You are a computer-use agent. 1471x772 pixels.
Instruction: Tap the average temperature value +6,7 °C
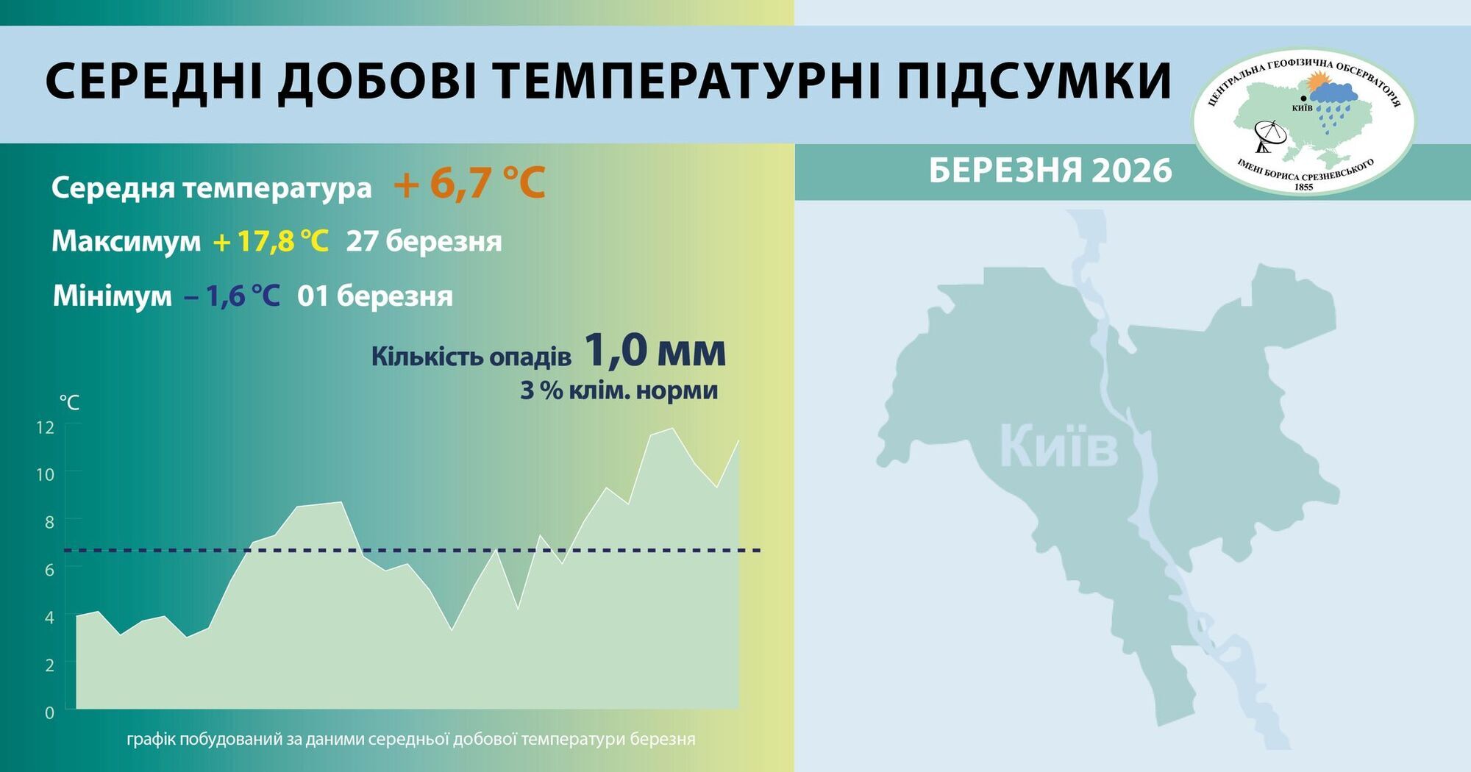click(x=469, y=183)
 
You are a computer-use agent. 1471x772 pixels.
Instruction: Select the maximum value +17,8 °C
click(x=270, y=241)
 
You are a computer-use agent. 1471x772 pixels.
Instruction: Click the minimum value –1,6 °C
click(x=232, y=296)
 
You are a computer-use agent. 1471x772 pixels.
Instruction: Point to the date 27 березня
click(x=424, y=241)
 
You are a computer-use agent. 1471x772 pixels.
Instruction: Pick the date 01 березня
click(x=375, y=296)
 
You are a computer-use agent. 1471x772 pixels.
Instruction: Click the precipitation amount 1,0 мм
click(x=655, y=351)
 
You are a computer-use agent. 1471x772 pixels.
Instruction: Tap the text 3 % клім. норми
click(x=619, y=390)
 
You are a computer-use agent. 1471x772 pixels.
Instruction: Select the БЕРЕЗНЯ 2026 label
click(x=1050, y=171)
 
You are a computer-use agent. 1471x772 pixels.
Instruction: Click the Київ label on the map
click(x=1058, y=446)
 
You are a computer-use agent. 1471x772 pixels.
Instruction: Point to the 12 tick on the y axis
click(x=45, y=427)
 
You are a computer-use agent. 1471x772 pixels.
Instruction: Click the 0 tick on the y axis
click(x=49, y=712)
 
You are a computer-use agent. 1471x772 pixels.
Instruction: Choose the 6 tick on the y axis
click(x=49, y=570)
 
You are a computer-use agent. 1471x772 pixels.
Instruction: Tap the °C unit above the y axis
click(x=69, y=402)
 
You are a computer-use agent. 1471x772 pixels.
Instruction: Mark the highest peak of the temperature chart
click(x=672, y=429)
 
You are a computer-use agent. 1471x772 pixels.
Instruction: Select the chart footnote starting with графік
click(x=410, y=739)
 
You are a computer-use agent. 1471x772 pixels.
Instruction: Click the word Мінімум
click(x=112, y=296)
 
